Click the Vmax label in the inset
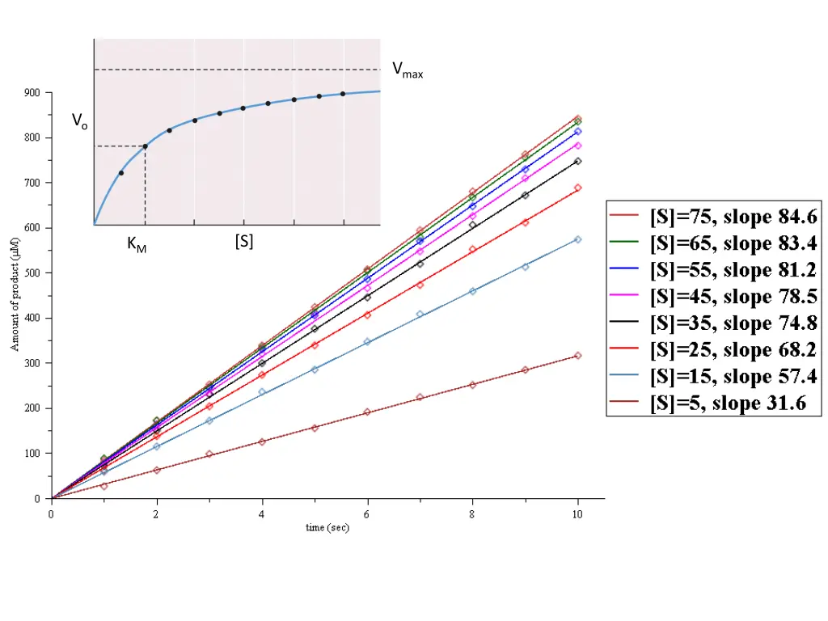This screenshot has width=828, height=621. pyautogui.click(x=408, y=70)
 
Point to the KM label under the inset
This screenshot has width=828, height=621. pyautogui.click(x=137, y=244)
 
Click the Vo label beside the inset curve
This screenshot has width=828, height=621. pyautogui.click(x=79, y=121)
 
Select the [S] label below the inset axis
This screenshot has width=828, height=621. pyautogui.click(x=243, y=241)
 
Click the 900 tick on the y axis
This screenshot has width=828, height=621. pyautogui.click(x=32, y=93)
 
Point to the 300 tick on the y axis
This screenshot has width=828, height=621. pyautogui.click(x=32, y=363)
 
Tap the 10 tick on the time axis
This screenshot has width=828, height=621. pyautogui.click(x=577, y=513)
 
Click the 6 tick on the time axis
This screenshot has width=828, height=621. pyautogui.click(x=367, y=513)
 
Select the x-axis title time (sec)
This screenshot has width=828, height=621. pyautogui.click(x=327, y=528)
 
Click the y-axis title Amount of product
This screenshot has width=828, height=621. pyautogui.click(x=15, y=295)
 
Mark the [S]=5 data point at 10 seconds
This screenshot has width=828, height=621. pyautogui.click(x=577, y=356)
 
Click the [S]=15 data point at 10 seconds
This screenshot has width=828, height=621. pyautogui.click(x=577, y=239)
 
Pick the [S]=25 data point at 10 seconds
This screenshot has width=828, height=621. pyautogui.click(x=577, y=188)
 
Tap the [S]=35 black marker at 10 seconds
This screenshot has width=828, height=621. pyautogui.click(x=577, y=161)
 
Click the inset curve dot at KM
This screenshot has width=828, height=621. pyautogui.click(x=145, y=146)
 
